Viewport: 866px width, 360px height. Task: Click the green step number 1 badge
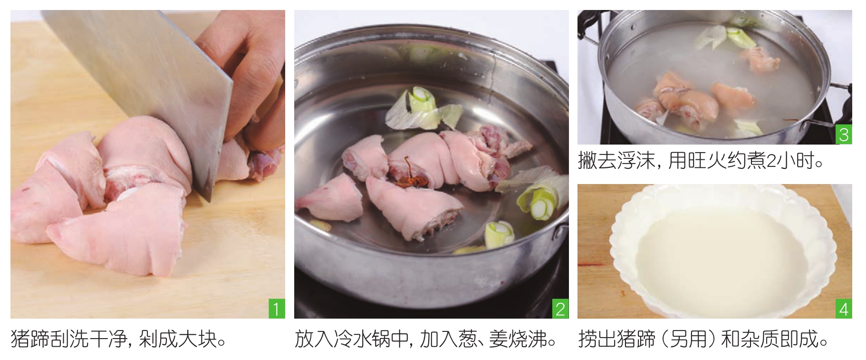click(277, 309)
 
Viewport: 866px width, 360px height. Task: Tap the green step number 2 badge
click(560, 309)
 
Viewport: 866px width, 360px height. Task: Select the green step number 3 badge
click(844, 135)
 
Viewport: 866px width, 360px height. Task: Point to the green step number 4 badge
click(844, 310)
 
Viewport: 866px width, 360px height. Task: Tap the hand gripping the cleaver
click(242, 81)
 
